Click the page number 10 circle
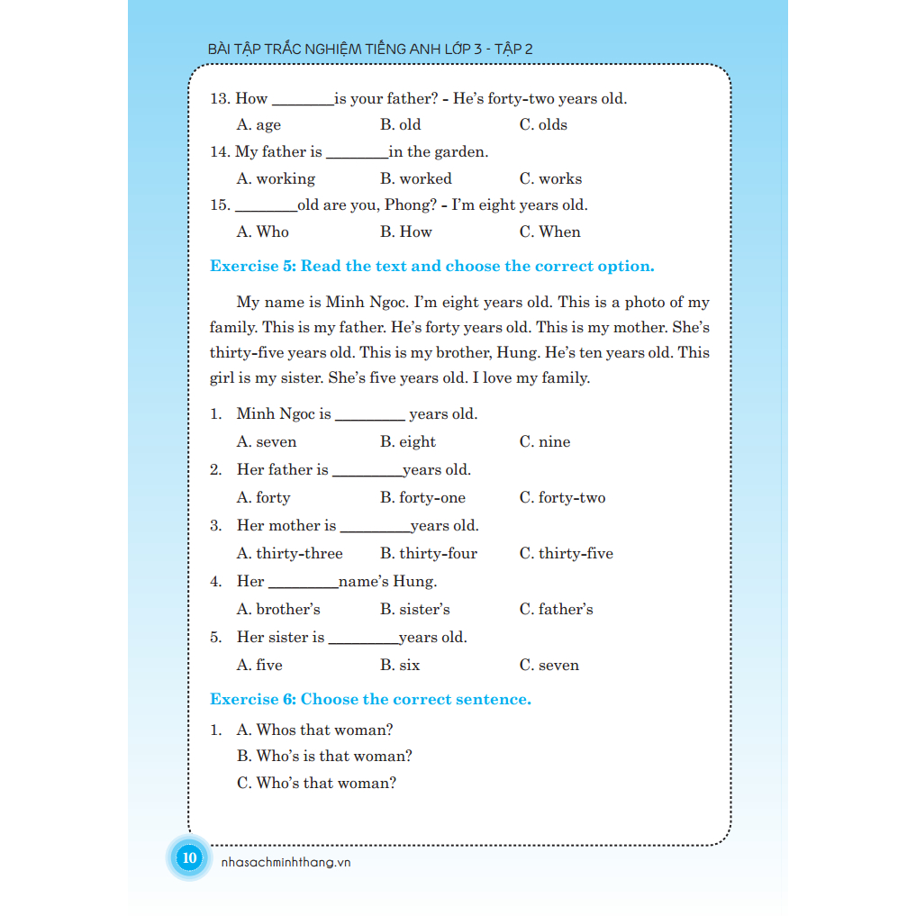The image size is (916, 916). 189,857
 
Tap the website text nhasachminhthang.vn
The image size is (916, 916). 285,862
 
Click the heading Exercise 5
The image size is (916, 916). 431,266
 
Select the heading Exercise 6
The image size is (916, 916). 370,699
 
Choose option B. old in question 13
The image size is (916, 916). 400,124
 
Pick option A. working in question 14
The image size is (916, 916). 276,178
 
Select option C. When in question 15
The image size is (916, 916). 549,231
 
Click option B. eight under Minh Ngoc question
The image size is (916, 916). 407,441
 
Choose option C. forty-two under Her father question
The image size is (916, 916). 562,497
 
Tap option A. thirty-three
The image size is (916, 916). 289,553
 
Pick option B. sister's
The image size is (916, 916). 414,609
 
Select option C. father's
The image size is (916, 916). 556,609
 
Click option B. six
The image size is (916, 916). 399,665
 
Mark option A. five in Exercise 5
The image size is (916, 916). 258,665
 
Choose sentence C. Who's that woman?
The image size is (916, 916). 316,783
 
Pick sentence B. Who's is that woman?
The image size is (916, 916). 324,756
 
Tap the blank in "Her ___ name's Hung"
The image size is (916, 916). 302,585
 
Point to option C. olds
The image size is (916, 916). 543,124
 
